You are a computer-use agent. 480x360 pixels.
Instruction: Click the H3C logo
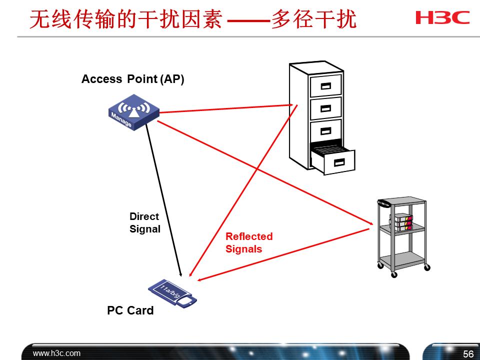[442, 17]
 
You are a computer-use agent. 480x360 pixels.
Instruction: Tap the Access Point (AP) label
[132, 79]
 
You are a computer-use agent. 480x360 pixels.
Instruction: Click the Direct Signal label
[144, 223]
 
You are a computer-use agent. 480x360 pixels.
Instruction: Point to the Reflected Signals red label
[248, 242]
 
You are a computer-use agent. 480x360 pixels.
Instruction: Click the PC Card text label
[130, 310]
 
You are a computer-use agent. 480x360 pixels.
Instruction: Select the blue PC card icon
[173, 293]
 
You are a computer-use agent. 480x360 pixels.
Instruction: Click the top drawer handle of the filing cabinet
[326, 85]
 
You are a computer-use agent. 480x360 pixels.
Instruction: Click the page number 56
[468, 354]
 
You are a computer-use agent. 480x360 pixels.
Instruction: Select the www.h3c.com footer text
[56, 353]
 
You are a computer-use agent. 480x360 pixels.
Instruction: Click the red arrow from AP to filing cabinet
[225, 109]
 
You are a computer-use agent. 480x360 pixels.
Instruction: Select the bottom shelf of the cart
[402, 259]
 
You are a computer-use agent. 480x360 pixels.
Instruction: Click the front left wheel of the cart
[394, 274]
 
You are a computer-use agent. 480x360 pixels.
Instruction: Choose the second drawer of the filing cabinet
[326, 108]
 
